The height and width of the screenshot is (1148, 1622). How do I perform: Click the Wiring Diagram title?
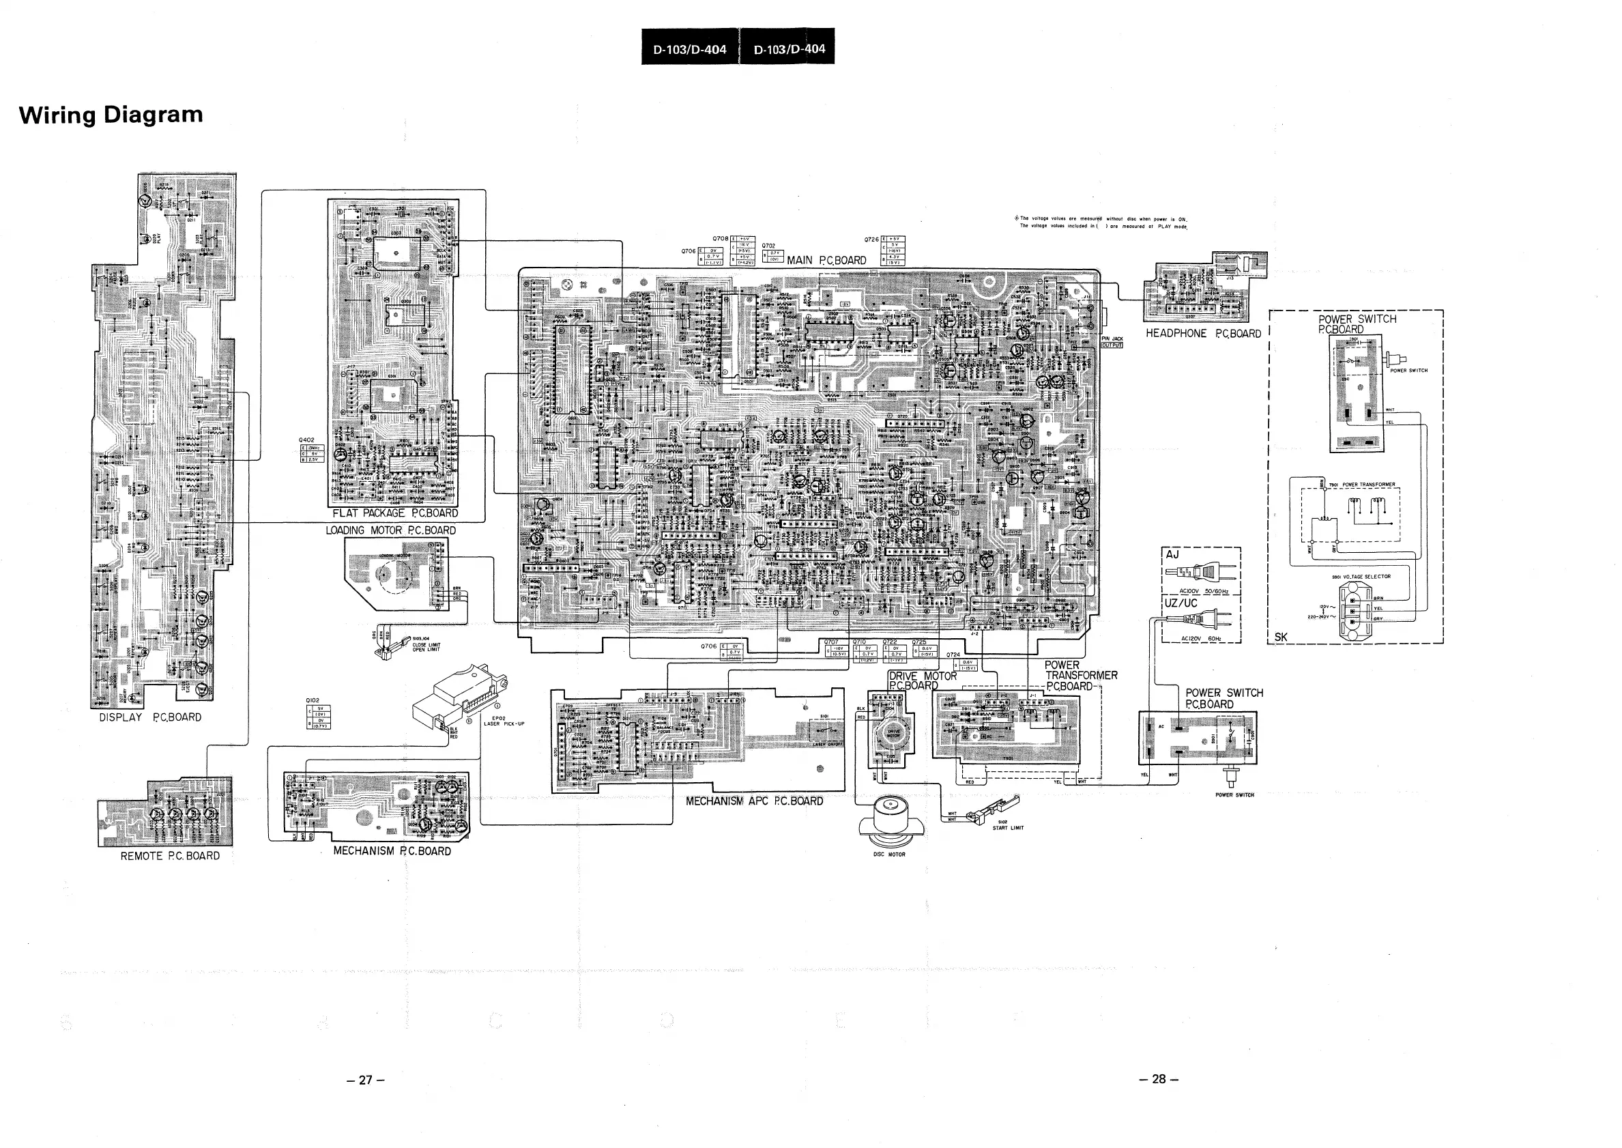click(x=111, y=115)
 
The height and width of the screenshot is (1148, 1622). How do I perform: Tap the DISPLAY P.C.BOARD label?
click(x=150, y=717)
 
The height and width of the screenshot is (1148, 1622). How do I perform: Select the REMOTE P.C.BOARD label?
click(x=170, y=856)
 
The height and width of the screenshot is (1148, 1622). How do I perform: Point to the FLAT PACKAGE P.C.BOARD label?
click(x=395, y=513)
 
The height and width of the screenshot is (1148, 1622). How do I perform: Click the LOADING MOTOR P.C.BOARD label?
click(x=390, y=530)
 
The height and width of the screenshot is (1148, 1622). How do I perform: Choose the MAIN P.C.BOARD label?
click(x=826, y=260)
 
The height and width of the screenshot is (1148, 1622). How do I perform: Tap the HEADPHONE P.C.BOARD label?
click(x=1203, y=334)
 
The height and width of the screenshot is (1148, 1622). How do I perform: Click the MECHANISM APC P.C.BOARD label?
click(x=754, y=801)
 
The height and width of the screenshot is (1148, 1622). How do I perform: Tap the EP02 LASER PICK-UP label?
click(x=504, y=721)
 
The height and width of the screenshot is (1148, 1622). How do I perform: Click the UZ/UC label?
click(x=1181, y=603)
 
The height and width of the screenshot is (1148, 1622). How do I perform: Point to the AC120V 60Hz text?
click(x=1201, y=639)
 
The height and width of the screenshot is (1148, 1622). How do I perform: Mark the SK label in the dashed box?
click(x=1281, y=637)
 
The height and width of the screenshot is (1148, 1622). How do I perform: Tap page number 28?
click(x=1159, y=1078)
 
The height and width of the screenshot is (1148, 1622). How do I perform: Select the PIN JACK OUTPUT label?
click(x=1112, y=342)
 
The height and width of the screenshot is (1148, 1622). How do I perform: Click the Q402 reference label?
click(x=307, y=440)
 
